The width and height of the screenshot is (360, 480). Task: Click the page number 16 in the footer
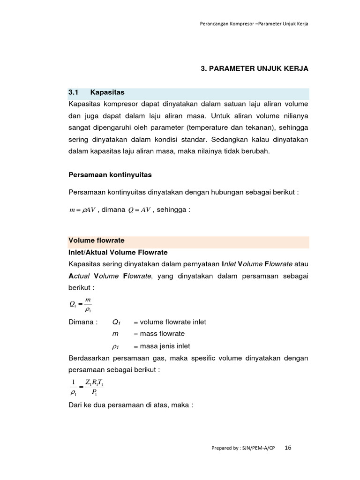tap(288, 448)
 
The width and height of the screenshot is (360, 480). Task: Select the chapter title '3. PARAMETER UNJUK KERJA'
tap(255, 68)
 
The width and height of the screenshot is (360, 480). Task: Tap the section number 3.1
tap(75, 92)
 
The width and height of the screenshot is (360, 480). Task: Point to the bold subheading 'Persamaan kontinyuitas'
tap(110, 174)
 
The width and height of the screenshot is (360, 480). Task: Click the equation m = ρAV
tap(82, 210)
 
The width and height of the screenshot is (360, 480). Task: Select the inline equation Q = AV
tap(139, 210)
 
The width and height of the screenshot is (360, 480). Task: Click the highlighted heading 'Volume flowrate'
tap(97, 240)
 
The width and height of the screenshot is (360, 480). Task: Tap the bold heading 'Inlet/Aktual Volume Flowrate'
tap(118, 252)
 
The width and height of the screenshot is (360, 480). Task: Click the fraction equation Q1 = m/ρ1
tap(80, 305)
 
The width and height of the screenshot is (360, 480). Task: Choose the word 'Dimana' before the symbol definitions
tap(82, 322)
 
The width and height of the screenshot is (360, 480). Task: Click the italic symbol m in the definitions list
tap(115, 334)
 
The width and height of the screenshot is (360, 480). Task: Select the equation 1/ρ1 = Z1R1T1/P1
tap(87, 387)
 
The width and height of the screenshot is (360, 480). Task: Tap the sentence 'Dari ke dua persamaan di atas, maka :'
tap(131, 405)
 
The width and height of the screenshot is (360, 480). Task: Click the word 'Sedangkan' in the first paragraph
tap(233, 140)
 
